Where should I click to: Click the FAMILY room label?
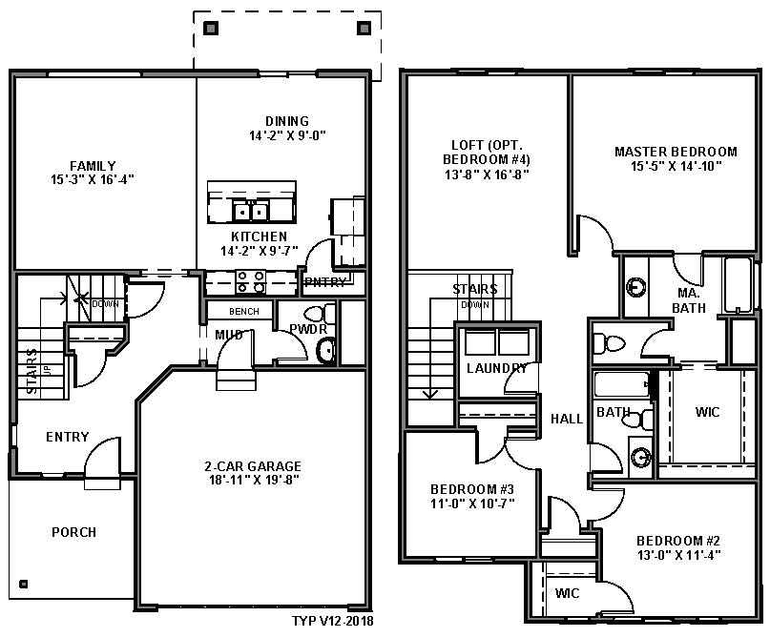pos(93,165)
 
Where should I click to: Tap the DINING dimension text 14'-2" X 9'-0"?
pos(287,135)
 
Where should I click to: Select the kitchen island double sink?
pos(250,212)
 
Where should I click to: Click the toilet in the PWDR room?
pos(320,314)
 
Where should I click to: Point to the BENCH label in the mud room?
pos(244,312)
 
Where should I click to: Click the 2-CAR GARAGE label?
pos(253,465)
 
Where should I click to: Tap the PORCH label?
pos(74,532)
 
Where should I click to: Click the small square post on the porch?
pos(23,584)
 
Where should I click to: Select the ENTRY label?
pos(68,437)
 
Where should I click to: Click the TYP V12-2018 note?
pos(332,622)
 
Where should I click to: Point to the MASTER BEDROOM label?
pos(676,152)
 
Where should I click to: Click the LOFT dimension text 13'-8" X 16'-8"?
pos(487,175)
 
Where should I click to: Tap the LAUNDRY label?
pos(496,368)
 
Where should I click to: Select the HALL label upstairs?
pos(567,419)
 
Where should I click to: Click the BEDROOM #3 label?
pos(472,489)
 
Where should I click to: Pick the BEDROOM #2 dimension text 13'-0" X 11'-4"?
pos(678,555)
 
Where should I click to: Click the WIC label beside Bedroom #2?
pos(567,593)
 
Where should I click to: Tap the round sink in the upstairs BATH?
pos(641,457)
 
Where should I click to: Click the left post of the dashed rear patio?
pos(211,28)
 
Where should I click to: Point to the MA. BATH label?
pos(689,300)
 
